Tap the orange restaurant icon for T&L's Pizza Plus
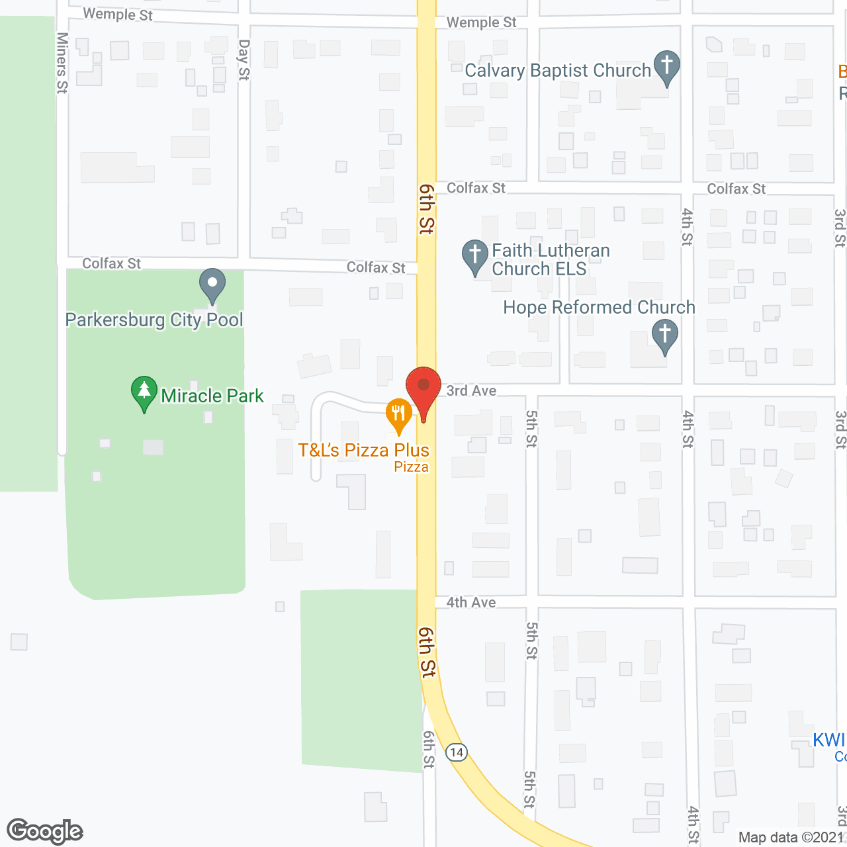tap(398, 414)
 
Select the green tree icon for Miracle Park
tap(144, 393)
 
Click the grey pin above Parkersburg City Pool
tap(212, 285)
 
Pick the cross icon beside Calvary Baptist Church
tap(667, 67)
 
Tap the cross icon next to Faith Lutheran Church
tap(474, 256)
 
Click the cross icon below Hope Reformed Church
tap(665, 335)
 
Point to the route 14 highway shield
tap(457, 752)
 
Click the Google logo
tap(45, 831)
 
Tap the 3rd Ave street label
tap(471, 390)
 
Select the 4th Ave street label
tap(471, 602)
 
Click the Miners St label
tap(62, 63)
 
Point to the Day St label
tap(244, 60)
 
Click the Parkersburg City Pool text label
tap(154, 320)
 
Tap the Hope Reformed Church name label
tap(599, 308)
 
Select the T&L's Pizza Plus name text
tap(364, 451)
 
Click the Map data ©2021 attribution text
tap(791, 837)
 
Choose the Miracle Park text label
tap(212, 396)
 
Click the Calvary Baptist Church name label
tap(558, 71)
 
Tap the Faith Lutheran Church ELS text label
tap(551, 259)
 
